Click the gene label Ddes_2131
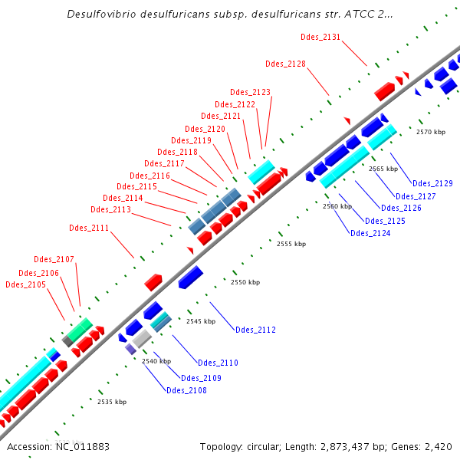(321, 37)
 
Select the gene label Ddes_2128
(285, 64)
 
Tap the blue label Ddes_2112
(255, 330)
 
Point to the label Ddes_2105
(25, 285)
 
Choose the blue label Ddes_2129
(432, 183)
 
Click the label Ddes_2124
(370, 233)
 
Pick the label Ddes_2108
(186, 390)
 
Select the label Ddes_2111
(89, 228)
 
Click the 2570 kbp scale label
(430, 132)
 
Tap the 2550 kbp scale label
(245, 283)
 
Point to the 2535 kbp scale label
(111, 401)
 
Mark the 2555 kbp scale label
(291, 244)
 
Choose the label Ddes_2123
(251, 92)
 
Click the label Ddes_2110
(218, 363)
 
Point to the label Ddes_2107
(54, 259)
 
